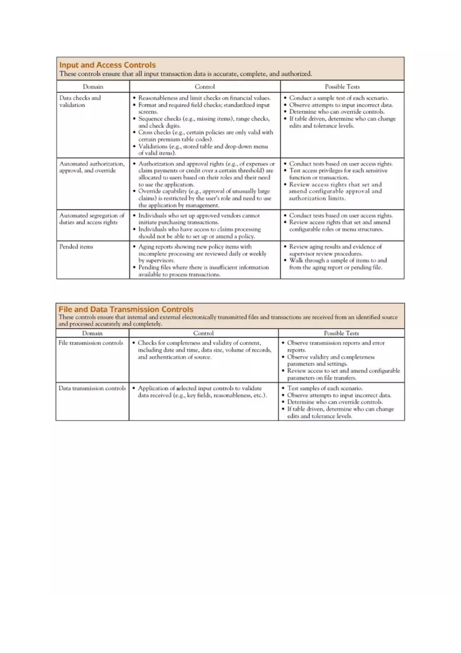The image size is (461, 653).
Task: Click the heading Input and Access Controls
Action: coord(107,65)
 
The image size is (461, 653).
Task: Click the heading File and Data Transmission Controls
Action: coord(126,309)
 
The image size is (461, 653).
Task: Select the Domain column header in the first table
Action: coord(93,86)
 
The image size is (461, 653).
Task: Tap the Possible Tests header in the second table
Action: coord(342,333)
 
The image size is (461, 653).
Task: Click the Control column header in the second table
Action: coord(203,333)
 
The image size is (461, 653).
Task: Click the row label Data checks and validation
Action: coord(80,101)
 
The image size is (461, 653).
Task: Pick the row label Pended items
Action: coord(76,247)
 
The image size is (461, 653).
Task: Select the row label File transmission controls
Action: coord(91,343)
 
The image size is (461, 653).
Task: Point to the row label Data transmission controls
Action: coord(92,389)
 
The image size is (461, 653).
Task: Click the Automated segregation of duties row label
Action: coord(92,219)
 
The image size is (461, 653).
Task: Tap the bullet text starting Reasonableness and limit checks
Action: coord(204,98)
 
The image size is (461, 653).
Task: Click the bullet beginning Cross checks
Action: coord(205,136)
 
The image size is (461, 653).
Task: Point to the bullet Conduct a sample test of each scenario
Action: coord(339,98)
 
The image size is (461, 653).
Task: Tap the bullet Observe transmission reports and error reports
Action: coord(335,346)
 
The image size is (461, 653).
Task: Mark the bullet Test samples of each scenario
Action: coord(325,389)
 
